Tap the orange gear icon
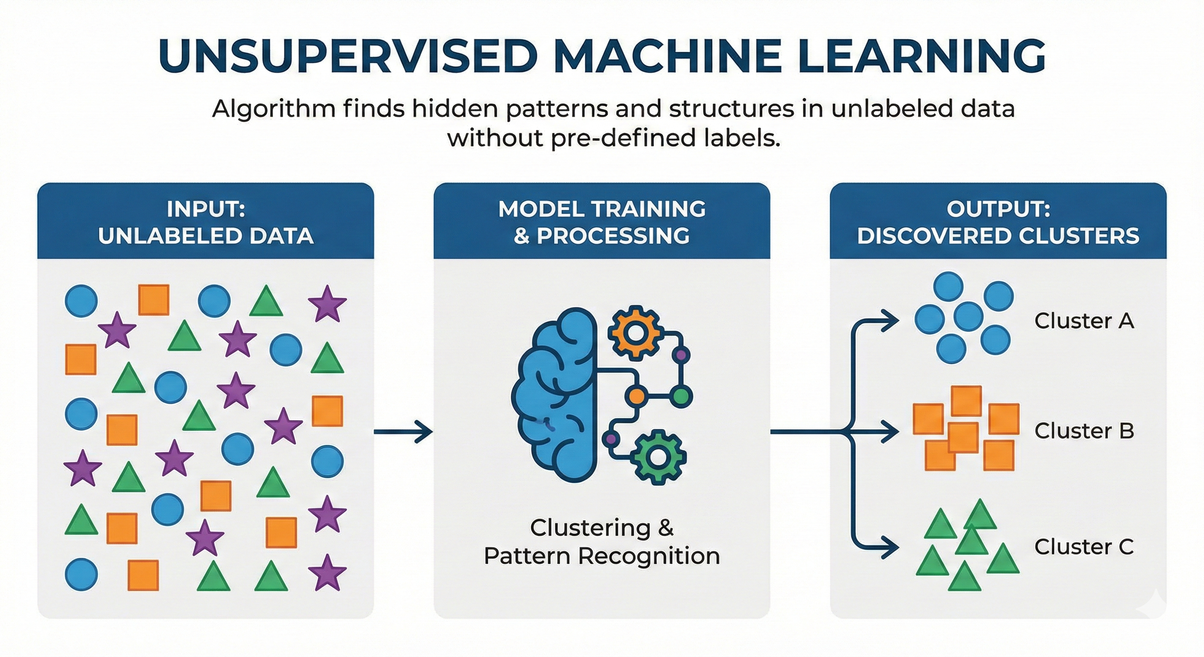point(635,332)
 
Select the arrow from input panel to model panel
point(403,432)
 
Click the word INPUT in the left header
point(206,209)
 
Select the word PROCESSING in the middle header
point(613,236)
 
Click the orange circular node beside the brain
point(636,396)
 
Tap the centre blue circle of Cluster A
point(968,317)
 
